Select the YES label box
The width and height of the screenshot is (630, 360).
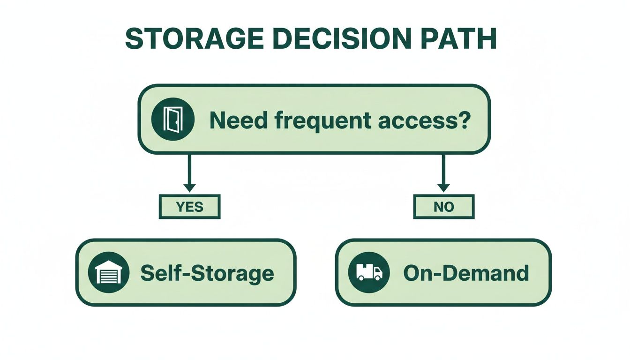click(189, 207)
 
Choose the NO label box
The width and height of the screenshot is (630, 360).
click(443, 207)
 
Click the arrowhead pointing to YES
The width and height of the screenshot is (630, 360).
click(189, 187)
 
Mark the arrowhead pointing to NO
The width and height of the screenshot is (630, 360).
click(443, 187)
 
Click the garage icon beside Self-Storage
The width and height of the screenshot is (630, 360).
click(108, 273)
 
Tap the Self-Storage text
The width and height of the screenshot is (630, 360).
click(207, 273)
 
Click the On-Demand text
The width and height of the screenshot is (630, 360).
click(466, 273)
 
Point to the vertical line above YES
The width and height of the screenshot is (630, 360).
click(189, 169)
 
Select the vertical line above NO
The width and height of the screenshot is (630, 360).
click(443, 169)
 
